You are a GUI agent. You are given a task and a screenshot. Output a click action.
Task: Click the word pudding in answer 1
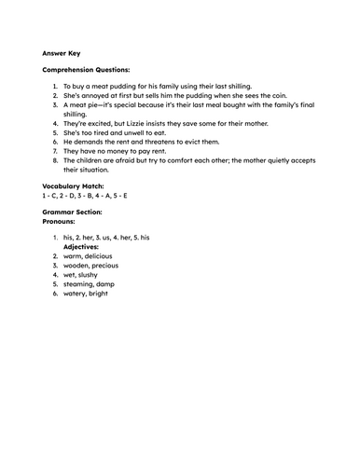coord(127,87)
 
